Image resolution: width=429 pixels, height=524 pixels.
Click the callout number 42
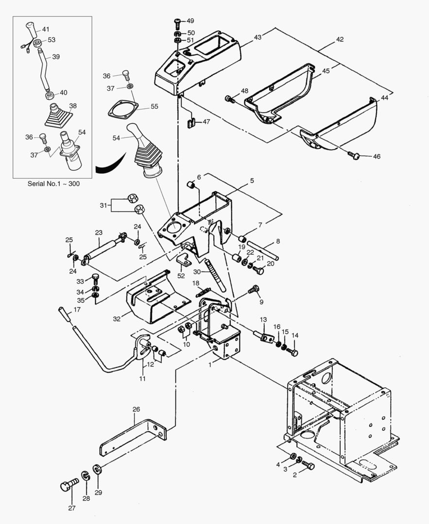pyautogui.click(x=340, y=39)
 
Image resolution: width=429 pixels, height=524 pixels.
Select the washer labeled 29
pyautogui.click(x=97, y=470)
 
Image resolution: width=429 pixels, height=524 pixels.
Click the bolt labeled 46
pyautogui.click(x=355, y=156)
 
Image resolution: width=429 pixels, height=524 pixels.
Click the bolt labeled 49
pyautogui.click(x=177, y=22)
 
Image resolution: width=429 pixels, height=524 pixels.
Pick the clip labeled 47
pyautogui.click(x=191, y=121)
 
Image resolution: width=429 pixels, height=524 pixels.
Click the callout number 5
pyautogui.click(x=252, y=181)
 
